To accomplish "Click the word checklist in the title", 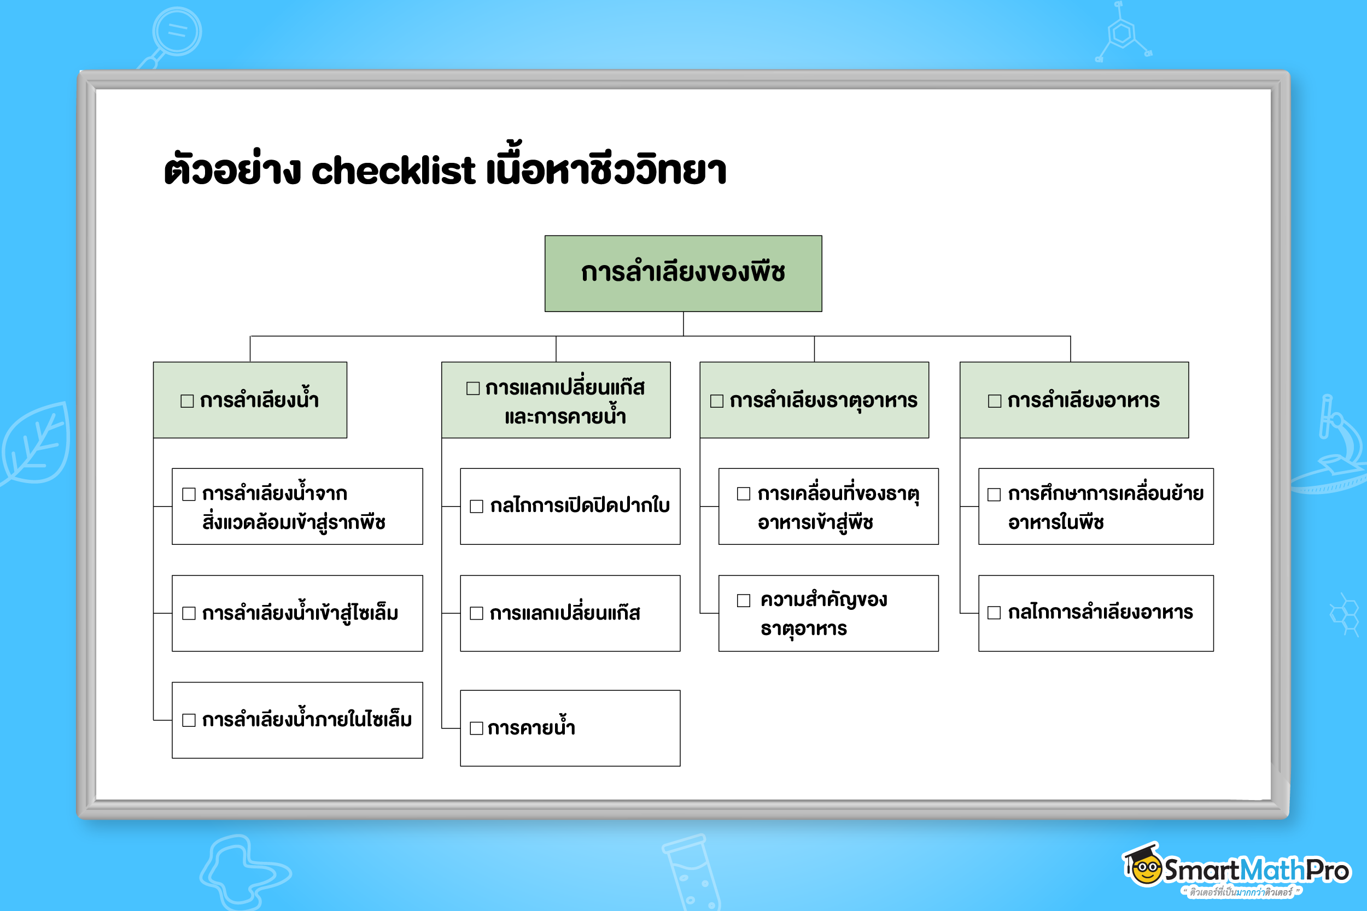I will coord(394,171).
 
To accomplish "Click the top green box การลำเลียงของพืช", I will coord(683,273).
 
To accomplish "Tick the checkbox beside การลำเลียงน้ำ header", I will coord(187,401).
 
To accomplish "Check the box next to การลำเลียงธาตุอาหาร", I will coord(717,401).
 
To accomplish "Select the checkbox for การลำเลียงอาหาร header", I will coord(995,401).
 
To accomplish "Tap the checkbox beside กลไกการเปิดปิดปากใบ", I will coord(477,507).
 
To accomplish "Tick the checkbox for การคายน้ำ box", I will coord(477,728).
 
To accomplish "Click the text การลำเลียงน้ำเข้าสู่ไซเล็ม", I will coord(300,614).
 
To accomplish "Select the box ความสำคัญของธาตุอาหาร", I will coord(828,614).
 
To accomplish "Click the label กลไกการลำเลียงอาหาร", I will coord(1100,613).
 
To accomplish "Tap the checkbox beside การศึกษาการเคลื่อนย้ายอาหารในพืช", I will coord(995,495).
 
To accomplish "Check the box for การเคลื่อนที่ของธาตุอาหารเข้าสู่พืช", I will coord(743,494).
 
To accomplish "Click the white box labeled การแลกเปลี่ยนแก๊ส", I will coord(570,614).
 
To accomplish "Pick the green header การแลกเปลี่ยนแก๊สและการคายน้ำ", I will coord(556,401).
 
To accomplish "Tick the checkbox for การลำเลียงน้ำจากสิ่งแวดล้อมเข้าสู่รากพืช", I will coord(189,495).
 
